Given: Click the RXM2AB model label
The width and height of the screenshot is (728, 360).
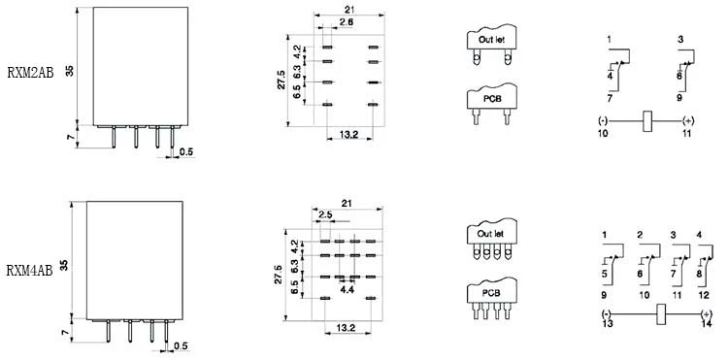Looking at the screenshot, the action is click(31, 73).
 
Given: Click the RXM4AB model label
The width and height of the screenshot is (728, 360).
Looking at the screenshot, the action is click(30, 271).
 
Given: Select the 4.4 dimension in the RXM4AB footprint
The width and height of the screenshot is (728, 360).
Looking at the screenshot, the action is click(347, 289).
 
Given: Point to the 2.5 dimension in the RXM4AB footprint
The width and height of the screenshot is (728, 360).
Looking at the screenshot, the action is click(325, 215).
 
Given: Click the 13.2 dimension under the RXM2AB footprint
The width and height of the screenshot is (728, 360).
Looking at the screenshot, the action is click(348, 135).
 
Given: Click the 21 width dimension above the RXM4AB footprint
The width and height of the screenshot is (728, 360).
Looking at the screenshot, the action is click(347, 203).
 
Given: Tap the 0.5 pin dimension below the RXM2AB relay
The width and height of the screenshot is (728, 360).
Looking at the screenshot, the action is click(186, 151).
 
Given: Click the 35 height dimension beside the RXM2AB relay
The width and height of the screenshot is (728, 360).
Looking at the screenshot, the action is click(69, 71).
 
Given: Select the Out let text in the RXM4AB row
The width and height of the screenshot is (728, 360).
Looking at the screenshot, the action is click(491, 234).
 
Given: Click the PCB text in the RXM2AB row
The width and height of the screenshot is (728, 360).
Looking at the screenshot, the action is click(492, 99).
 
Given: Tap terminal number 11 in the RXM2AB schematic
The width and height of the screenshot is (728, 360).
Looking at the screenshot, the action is click(686, 133).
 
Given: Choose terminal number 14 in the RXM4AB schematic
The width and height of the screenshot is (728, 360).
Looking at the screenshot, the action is click(707, 324).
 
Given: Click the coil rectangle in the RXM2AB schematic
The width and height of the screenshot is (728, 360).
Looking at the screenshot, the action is click(647, 121).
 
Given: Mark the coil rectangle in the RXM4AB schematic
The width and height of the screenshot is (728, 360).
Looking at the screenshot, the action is click(660, 314).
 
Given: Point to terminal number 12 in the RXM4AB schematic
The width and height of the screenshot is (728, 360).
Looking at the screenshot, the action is click(704, 295).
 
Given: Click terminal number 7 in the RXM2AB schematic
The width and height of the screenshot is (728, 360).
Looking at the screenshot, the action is click(610, 98).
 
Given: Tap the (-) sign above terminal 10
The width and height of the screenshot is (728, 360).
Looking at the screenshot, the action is click(603, 121).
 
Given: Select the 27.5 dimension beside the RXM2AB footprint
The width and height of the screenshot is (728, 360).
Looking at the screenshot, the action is click(281, 80).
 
